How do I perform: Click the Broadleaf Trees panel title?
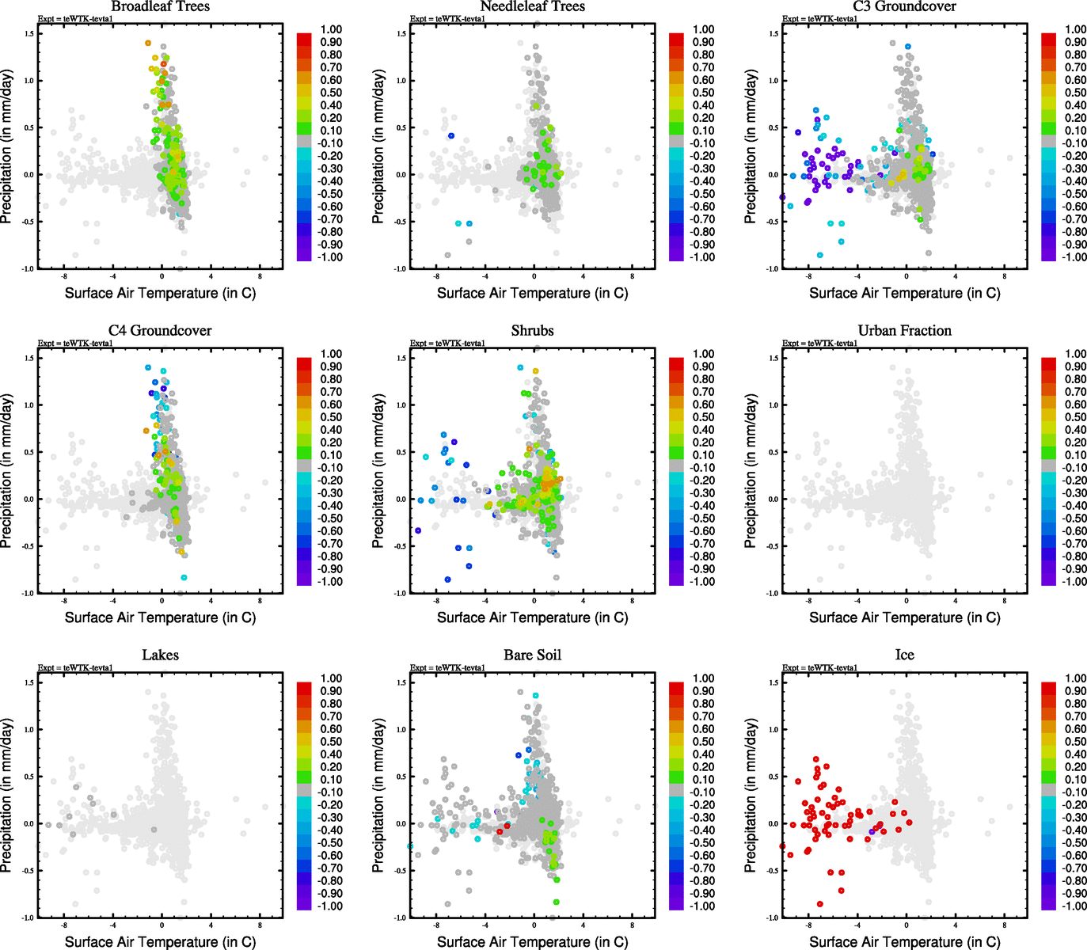[x=160, y=7]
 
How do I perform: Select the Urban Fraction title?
[x=904, y=331]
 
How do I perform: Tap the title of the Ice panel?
[x=904, y=655]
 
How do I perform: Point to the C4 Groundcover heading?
[x=160, y=331]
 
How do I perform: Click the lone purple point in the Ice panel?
[x=872, y=831]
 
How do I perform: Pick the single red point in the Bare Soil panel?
[x=500, y=831]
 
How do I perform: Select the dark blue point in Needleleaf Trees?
[x=451, y=135]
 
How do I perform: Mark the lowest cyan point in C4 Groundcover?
[x=184, y=578]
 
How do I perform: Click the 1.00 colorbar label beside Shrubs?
[x=704, y=354]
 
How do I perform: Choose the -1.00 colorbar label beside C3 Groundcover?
[x=1074, y=257]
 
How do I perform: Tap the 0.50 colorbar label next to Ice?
[x=1075, y=742]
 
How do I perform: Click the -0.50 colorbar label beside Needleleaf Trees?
[x=702, y=194]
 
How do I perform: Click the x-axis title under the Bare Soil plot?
[x=532, y=941]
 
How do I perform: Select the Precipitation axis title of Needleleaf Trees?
[x=378, y=146]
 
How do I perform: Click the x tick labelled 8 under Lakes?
[x=260, y=925]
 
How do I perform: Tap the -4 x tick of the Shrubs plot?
[x=485, y=600]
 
